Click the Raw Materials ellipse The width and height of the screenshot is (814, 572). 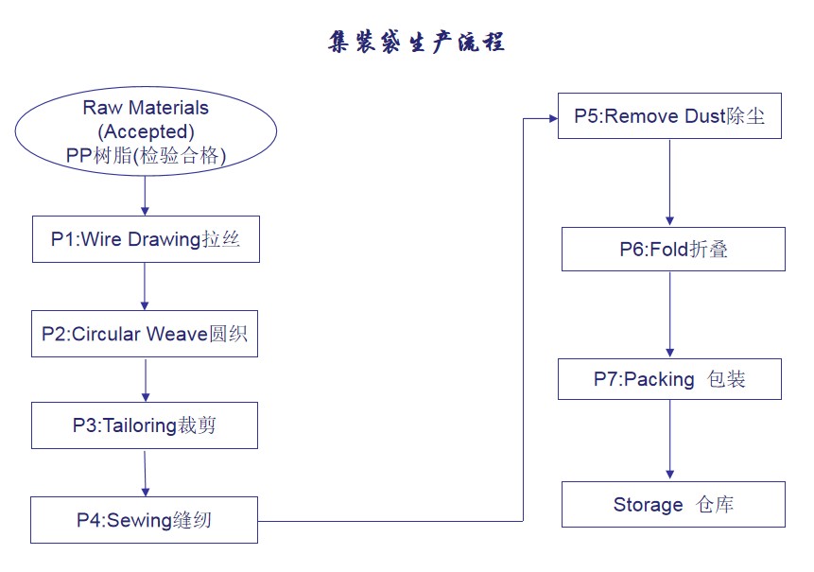[146, 131]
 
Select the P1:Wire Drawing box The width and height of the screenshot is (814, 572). [145, 239]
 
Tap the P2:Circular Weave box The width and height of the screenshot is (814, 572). [145, 334]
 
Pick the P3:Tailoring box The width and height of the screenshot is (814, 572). [145, 425]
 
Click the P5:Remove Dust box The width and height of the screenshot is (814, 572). [669, 116]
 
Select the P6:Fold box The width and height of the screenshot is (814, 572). [673, 250]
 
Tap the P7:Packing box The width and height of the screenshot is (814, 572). [669, 379]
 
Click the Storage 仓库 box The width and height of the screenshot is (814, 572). [673, 505]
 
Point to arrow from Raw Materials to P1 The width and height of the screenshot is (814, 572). [145, 196]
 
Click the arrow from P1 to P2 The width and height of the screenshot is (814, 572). [145, 286]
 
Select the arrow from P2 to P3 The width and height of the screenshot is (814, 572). [145, 379]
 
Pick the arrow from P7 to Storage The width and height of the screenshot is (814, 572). [670, 440]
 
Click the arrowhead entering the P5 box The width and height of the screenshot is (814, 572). [551, 118]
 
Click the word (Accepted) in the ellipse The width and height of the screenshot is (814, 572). [146, 131]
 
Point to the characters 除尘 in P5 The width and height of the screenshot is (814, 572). [746, 116]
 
